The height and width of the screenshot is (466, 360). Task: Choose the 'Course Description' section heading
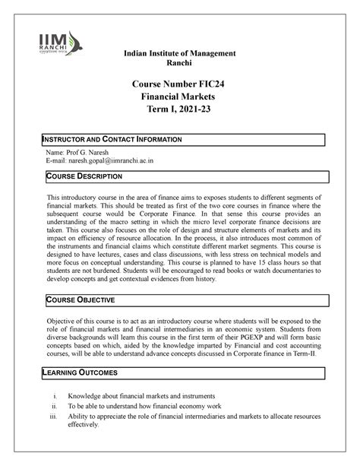point(84,176)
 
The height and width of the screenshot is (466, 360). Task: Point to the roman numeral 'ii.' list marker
point(54,407)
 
